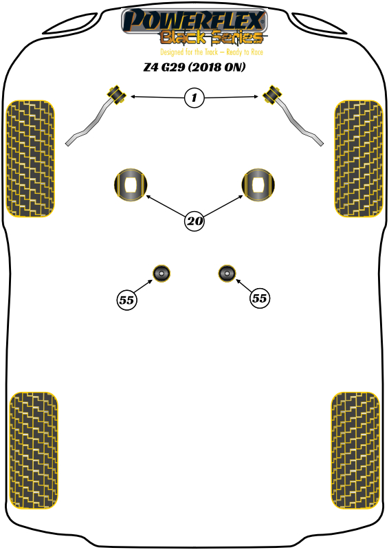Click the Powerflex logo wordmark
(x=194, y=21)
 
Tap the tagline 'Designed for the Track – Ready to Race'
(x=212, y=52)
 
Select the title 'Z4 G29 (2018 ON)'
(x=194, y=67)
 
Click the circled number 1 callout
(x=194, y=98)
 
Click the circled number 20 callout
(x=194, y=221)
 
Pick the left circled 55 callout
(x=126, y=300)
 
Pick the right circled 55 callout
(x=260, y=298)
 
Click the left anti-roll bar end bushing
(x=115, y=94)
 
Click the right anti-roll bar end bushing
(x=273, y=94)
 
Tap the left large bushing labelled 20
(x=131, y=185)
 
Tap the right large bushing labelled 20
(x=258, y=185)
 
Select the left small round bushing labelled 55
(x=162, y=273)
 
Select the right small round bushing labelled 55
(x=227, y=273)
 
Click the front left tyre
(x=30, y=159)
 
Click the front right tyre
(x=359, y=159)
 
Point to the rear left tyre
(x=33, y=450)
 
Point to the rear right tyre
(x=355, y=450)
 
